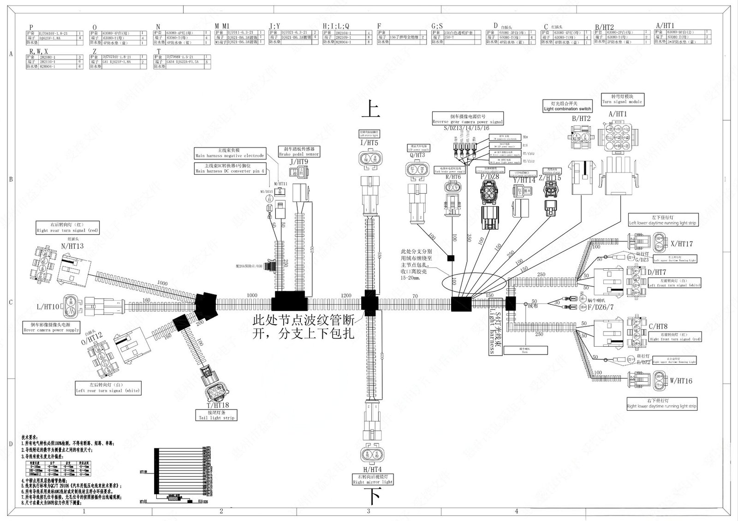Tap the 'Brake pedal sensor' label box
(298, 151)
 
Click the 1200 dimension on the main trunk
(346, 296)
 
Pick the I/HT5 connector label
(370, 143)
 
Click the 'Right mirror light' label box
(373, 479)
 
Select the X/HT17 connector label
(681, 243)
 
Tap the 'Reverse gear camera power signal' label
(468, 119)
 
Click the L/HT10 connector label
(48, 307)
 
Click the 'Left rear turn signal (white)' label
(107, 388)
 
